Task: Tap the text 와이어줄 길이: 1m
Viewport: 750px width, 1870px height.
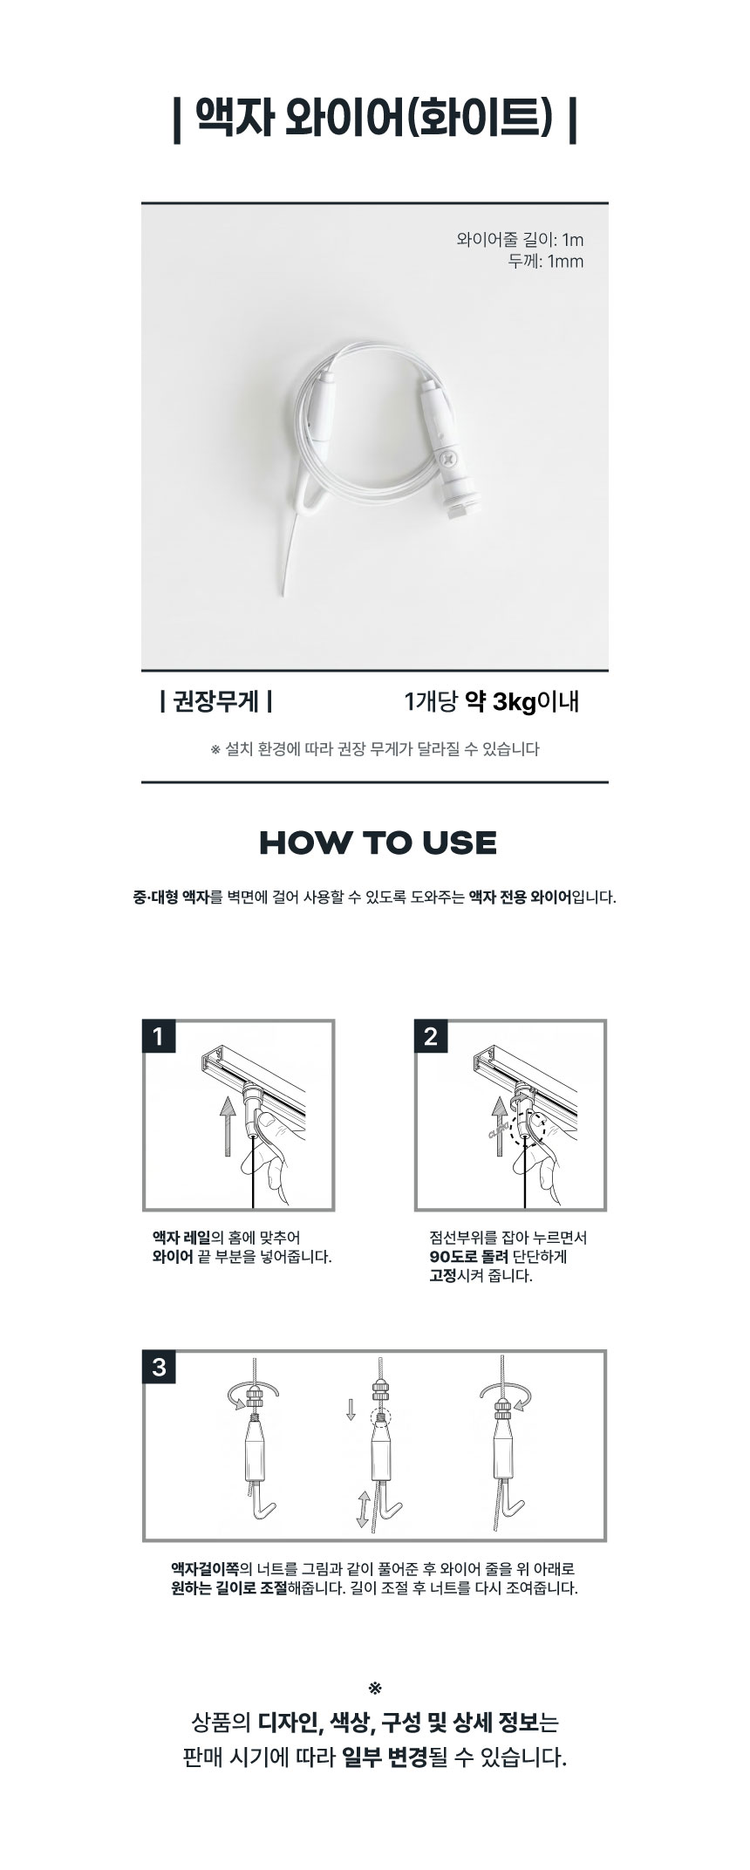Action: [520, 240]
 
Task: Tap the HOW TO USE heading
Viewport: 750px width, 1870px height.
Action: [378, 843]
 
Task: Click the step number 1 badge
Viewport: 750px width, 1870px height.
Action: [158, 1037]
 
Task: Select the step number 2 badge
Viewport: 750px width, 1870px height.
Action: [431, 1037]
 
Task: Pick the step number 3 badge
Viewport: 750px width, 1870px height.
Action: [159, 1367]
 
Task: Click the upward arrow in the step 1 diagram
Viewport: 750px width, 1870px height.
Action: [227, 1126]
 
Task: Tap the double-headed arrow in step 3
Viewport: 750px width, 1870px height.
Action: [362, 1509]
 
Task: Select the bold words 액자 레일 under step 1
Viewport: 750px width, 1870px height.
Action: [181, 1238]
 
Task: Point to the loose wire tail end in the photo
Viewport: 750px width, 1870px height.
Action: [283, 597]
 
